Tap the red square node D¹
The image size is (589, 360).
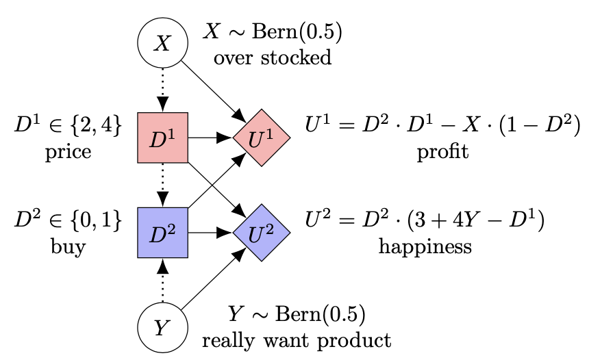[162, 138]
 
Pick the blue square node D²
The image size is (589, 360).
[162, 233]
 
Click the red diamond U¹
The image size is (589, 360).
[262, 138]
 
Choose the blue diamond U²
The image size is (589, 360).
[262, 233]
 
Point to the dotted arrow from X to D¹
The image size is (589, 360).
[162, 90]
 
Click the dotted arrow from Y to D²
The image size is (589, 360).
[162, 280]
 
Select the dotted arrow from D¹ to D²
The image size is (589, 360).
[162, 185]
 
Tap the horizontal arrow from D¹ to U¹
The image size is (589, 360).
[210, 138]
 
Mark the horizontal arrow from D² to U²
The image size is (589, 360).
[210, 233]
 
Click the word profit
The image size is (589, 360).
[442, 152]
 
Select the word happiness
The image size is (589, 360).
[425, 246]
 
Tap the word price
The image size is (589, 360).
[68, 152]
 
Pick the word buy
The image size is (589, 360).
[68, 247]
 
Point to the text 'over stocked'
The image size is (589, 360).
[273, 57]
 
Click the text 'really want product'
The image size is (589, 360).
[297, 340]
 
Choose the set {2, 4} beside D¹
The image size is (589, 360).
[96, 125]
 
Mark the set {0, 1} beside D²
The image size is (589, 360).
[96, 220]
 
